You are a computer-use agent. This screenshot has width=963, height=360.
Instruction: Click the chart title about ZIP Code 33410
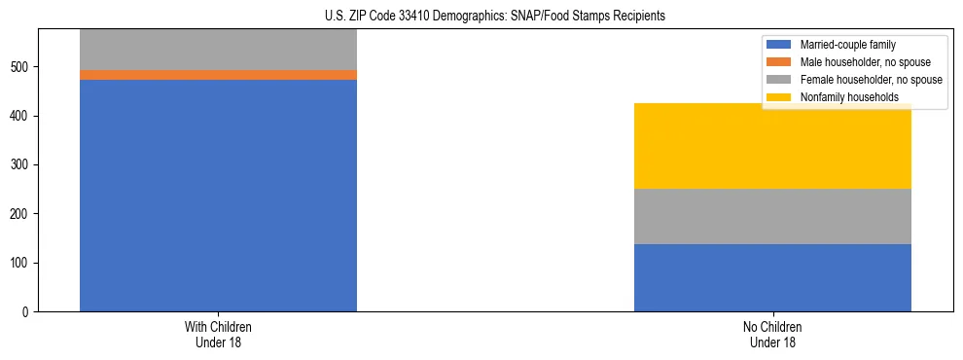tap(495, 17)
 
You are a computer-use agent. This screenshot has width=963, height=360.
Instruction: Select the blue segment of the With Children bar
tap(218, 196)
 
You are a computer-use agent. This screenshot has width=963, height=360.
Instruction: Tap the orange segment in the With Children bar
tap(218, 75)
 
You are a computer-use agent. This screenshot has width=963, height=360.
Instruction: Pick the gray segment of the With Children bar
tap(218, 50)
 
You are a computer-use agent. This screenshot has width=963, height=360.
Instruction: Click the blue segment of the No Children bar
tap(772, 277)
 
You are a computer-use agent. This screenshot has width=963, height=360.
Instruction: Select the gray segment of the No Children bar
tap(772, 216)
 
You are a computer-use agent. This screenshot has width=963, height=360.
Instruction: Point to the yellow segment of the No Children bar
tap(772, 146)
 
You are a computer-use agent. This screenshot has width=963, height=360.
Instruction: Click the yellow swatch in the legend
tap(779, 97)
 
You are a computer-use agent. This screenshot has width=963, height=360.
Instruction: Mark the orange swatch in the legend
tap(779, 62)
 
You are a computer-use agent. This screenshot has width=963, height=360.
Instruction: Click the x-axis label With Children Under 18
tap(218, 335)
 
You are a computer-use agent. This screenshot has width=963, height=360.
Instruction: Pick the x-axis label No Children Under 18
tap(772, 335)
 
